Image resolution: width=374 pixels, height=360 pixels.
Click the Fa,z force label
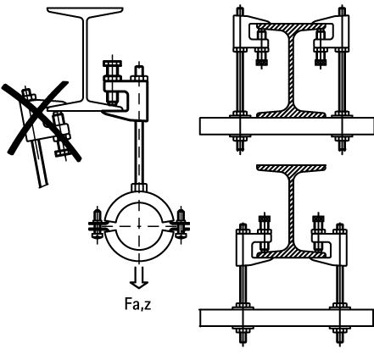coord(137,304)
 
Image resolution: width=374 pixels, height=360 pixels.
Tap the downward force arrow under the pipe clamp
coord(139,278)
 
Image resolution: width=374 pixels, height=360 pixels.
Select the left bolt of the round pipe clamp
coord(97,225)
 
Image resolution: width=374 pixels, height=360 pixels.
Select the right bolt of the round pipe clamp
coord(181,225)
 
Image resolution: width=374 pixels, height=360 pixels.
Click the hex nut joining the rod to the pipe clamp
coord(139,187)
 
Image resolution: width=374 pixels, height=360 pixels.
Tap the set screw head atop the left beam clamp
coord(113,64)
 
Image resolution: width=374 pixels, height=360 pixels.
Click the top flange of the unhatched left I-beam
coord(85,11)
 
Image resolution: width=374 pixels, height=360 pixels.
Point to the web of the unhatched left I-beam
coord(85,57)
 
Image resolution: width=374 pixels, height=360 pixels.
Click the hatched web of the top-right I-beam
coord(291,70)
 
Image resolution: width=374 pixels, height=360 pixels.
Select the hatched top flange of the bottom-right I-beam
coord(292,168)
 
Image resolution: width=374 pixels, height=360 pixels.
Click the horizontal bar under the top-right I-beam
coord(287,126)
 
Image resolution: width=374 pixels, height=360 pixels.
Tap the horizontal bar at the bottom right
coord(287,318)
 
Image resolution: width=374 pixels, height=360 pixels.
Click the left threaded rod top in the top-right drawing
coord(240,11)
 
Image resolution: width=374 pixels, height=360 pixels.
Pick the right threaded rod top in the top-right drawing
coord(343,11)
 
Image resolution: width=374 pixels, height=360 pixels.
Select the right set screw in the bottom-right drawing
coord(319,233)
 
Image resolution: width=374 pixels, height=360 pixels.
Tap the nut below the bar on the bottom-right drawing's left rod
coord(243,330)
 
